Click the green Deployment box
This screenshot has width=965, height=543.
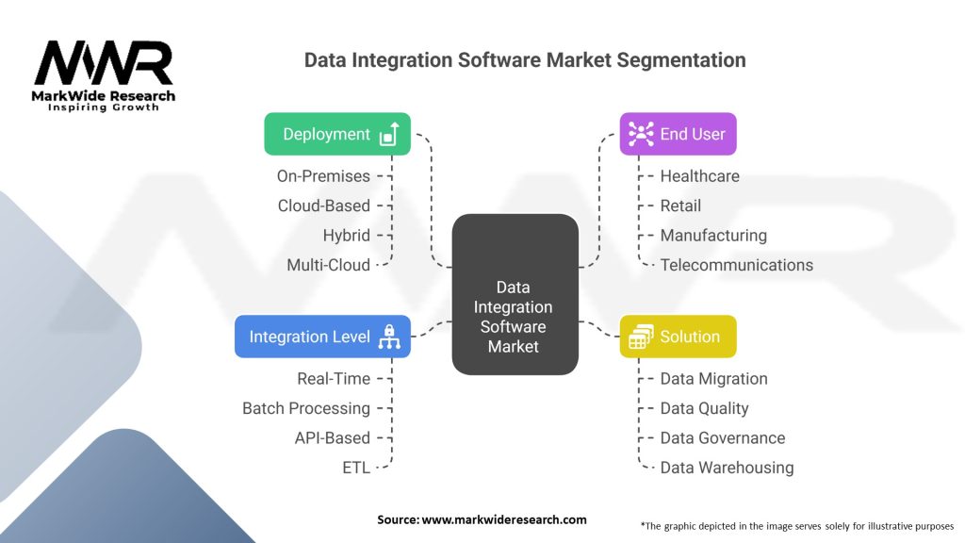coord(337,134)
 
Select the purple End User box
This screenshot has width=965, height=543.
coord(678,134)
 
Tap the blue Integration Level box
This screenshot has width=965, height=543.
coord(322,337)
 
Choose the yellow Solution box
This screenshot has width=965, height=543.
coord(678,337)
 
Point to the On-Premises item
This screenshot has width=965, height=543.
coord(323,175)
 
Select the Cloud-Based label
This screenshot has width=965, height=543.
coord(323,206)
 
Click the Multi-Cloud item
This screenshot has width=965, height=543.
coord(328,265)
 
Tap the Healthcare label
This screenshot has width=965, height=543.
coord(699,175)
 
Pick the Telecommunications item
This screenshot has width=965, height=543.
coord(736,265)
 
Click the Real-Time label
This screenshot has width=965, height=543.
coord(334,378)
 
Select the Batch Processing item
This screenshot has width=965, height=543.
coord(306,408)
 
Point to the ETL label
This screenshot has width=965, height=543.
coord(356,468)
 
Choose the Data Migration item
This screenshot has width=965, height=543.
coord(713,378)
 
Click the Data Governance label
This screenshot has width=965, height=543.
coord(722,437)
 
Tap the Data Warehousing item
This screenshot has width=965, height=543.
coord(727,468)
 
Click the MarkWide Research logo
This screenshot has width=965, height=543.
coord(104,75)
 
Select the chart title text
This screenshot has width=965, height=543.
coord(525,60)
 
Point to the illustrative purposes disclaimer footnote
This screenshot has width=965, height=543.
coord(797,525)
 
